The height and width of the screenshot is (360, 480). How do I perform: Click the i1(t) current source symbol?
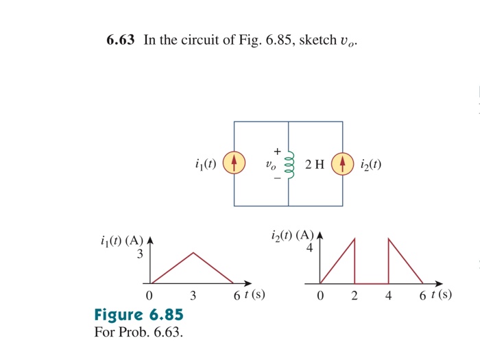click(234, 164)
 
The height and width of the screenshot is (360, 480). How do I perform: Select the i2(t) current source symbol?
click(342, 164)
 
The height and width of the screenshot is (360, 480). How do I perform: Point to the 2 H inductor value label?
click(314, 165)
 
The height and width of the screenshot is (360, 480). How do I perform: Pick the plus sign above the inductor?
click(278, 150)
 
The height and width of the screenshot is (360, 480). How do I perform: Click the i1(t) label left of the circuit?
click(205, 165)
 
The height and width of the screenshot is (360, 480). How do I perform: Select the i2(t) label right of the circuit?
click(370, 165)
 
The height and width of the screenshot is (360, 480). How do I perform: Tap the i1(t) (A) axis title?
click(121, 241)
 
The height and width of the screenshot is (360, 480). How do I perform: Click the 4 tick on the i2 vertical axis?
click(310, 248)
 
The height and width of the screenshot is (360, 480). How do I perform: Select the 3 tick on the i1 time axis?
click(193, 296)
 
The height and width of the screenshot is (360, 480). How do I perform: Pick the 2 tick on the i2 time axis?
click(355, 296)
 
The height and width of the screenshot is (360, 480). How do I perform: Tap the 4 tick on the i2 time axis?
click(389, 296)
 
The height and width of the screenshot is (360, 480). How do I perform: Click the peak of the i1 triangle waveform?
click(194, 252)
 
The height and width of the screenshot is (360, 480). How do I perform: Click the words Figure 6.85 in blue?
click(139, 315)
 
